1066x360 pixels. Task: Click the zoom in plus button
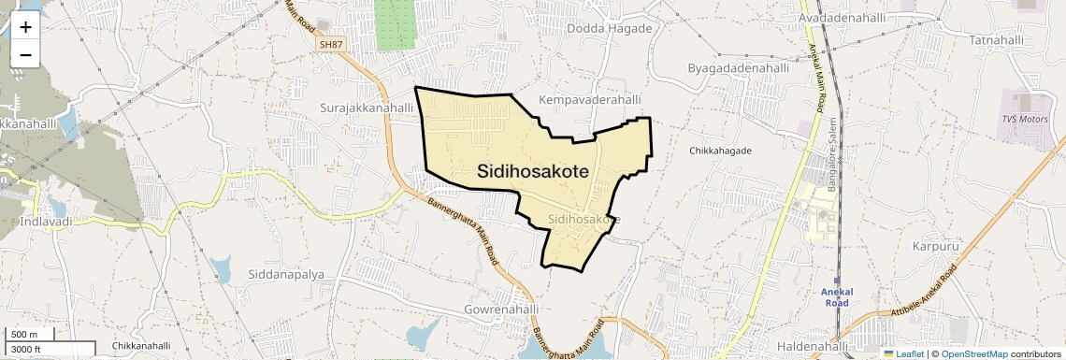point(25,28)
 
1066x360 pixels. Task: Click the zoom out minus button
point(25,54)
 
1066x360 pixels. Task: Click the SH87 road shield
point(330,44)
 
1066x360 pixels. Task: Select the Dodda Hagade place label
point(609,29)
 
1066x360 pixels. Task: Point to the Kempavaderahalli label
point(590,99)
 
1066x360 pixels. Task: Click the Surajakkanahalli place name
point(367,108)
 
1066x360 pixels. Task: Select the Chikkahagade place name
point(720,150)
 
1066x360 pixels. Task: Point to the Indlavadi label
point(46,222)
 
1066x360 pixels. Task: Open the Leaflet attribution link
point(903,353)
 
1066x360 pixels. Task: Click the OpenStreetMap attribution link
point(973,353)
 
